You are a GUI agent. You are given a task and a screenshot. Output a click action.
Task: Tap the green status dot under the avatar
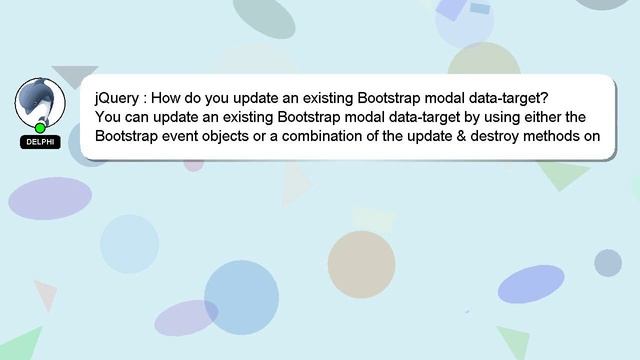[x=40, y=127]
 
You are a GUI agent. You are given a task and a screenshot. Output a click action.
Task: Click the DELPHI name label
[x=40, y=142]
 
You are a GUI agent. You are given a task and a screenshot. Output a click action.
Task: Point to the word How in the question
[x=168, y=100]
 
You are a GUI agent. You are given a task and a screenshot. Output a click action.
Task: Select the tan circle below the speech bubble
[x=361, y=264]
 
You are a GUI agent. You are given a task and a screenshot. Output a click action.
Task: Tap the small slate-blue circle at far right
[x=608, y=263]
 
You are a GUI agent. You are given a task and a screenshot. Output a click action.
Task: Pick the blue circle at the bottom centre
[x=241, y=297]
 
